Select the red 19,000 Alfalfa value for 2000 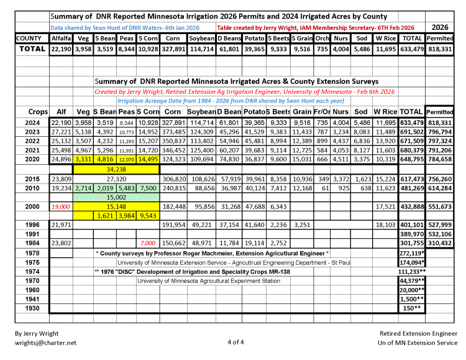coord(61,206)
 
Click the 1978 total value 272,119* coord(411,254)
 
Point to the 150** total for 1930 coord(411,308)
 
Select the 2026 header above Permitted coord(440,27)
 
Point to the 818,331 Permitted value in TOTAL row coord(440,48)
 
